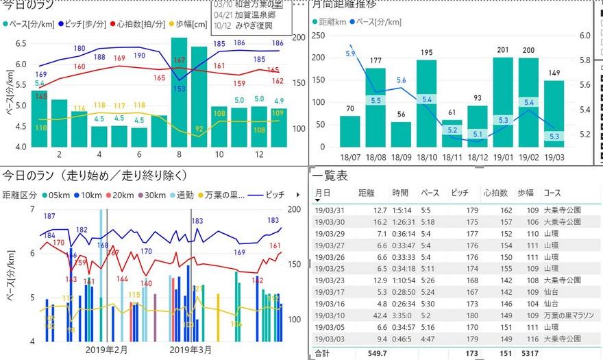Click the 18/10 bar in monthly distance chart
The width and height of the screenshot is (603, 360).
[426, 103]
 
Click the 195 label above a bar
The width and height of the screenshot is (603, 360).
[426, 53]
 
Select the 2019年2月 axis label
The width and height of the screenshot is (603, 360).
[106, 350]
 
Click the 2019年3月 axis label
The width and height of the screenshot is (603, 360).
[190, 350]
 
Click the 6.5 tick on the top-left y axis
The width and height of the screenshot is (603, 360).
[21, 44]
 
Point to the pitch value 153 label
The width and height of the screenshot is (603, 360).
[180, 88]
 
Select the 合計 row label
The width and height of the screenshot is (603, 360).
[322, 353]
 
